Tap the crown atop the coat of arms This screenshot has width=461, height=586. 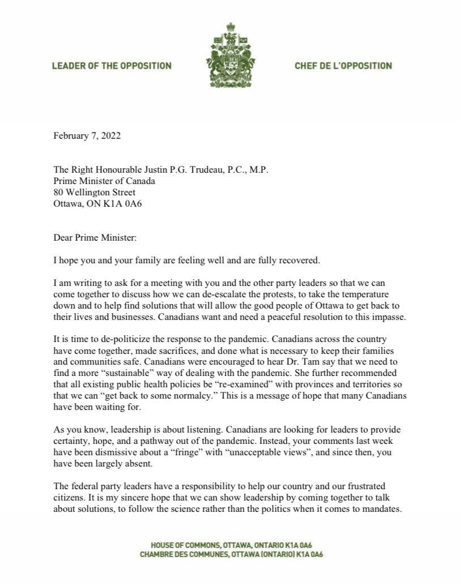(x=230, y=27)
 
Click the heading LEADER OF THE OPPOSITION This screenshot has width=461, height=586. (x=112, y=66)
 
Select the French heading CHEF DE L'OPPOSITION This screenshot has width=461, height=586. (x=343, y=66)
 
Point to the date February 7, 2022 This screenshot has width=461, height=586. (x=87, y=136)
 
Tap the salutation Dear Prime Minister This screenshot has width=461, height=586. (x=95, y=238)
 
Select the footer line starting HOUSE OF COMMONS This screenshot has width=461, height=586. (x=231, y=545)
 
